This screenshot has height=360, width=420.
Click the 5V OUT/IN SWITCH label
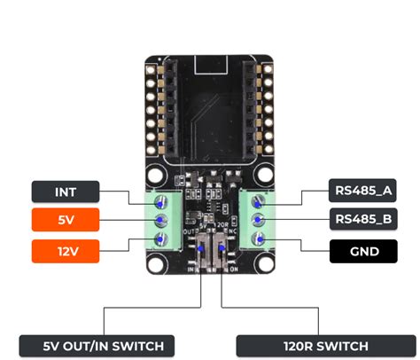click(x=96, y=345)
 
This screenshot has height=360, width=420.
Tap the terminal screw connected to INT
click(x=161, y=200)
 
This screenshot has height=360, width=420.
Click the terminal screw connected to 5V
click(x=161, y=220)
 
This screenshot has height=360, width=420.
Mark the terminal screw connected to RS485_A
click(x=259, y=200)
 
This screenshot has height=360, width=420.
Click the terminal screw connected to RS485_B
click(x=259, y=220)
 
